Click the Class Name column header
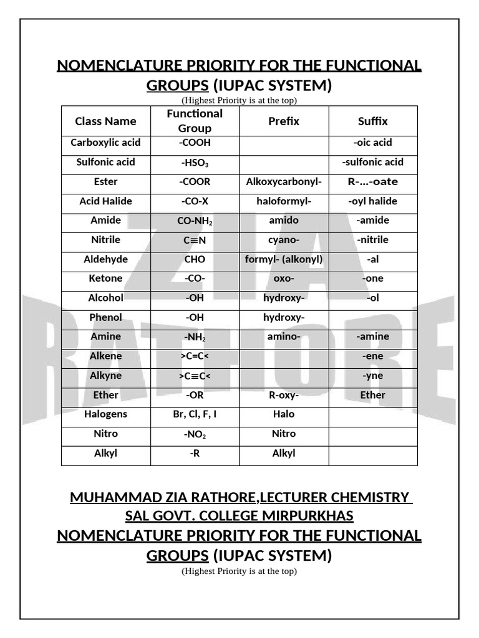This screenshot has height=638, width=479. tap(105, 121)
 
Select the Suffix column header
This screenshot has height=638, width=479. tap(373, 121)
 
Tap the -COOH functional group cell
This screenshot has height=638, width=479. tap(195, 143)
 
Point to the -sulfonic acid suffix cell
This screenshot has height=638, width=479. tap(373, 162)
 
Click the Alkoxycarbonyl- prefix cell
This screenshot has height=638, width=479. tap(284, 182)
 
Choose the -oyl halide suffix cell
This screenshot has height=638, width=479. tap(373, 201)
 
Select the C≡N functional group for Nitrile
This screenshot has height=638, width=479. tap(195, 240)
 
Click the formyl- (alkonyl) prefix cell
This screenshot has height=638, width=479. tap(284, 259)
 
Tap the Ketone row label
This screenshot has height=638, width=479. tap(105, 279)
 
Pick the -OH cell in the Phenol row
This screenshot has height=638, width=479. tap(195, 318)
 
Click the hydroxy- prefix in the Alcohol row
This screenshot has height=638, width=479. tap(284, 298)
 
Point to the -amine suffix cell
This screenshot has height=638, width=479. tap(373, 336)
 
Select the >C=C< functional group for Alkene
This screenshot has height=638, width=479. tap(195, 356)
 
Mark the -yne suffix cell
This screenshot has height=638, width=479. tap(373, 376)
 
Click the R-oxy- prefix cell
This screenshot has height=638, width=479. tap(284, 395)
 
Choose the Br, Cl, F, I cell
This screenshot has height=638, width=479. tap(195, 414)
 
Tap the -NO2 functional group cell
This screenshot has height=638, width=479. tap(195, 434)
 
